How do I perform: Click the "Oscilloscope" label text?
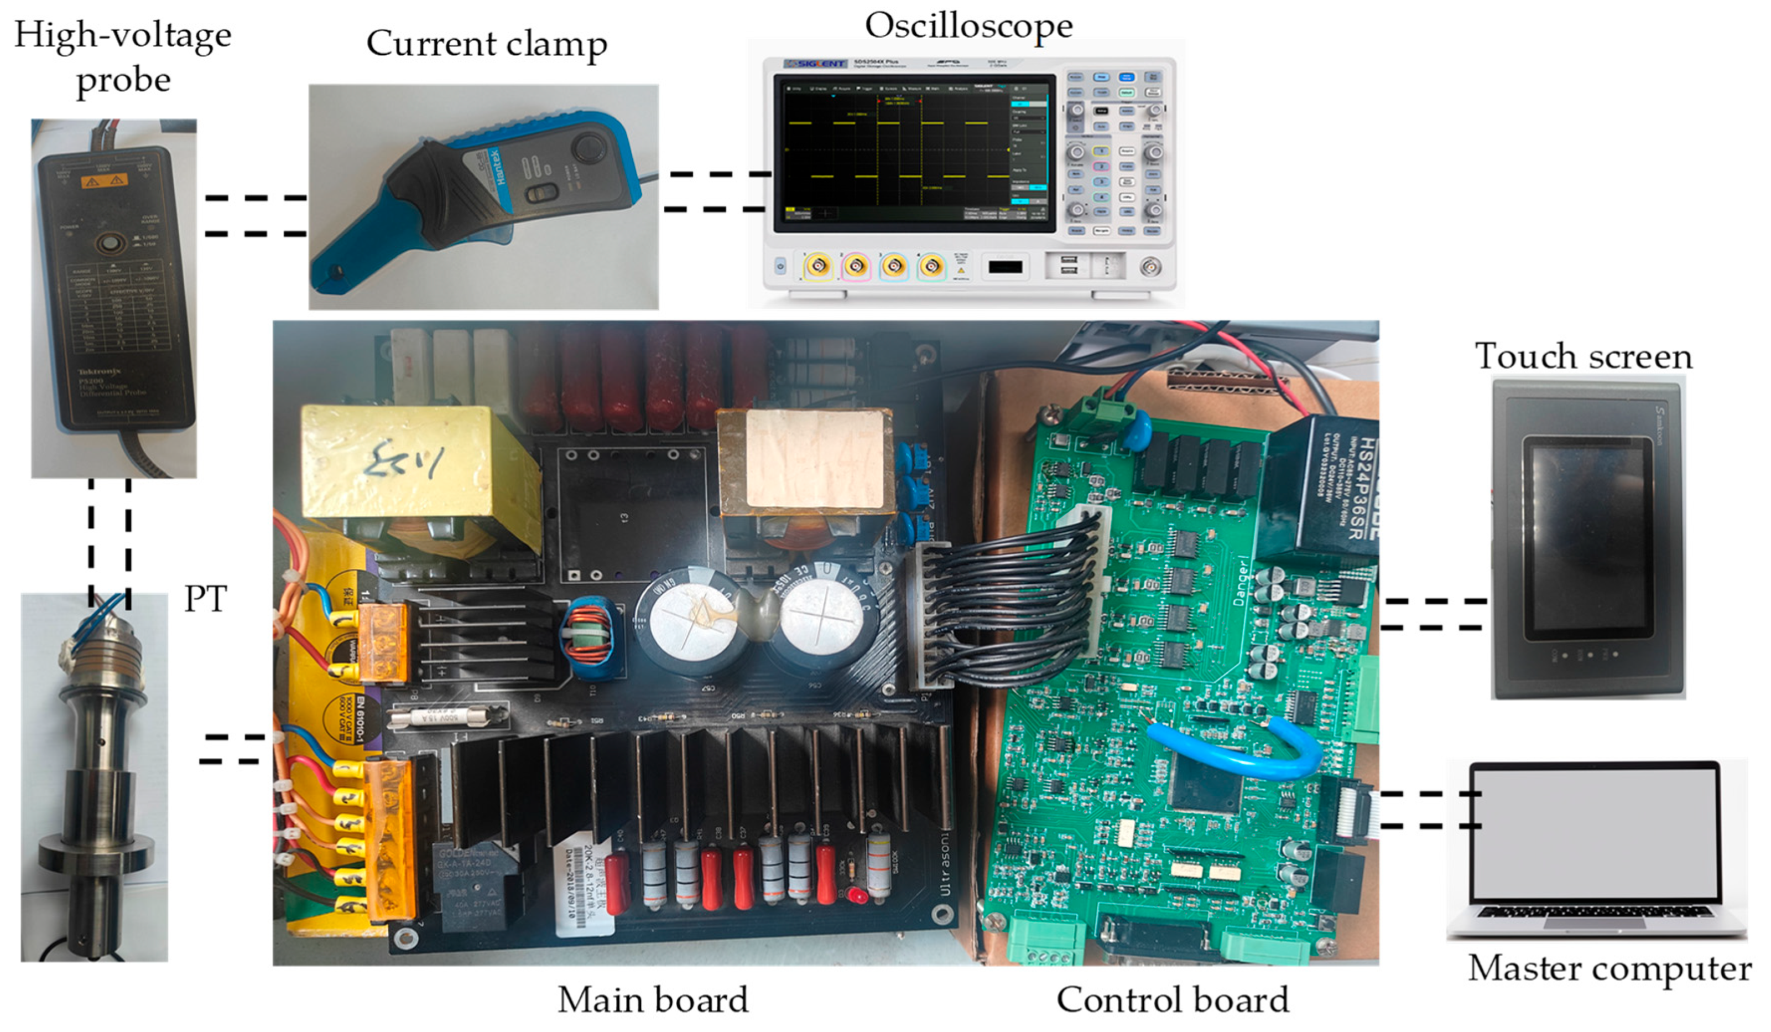[x=968, y=27]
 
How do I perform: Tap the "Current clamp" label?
[x=486, y=44]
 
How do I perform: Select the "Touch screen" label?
[x=1584, y=356]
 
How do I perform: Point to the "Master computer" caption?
[x=1609, y=969]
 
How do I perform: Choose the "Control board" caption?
[x=1172, y=1000]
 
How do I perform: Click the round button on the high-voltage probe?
[x=110, y=244]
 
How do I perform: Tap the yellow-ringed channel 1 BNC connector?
[x=818, y=266]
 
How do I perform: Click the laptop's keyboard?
[x=1595, y=912]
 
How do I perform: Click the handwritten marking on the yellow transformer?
[x=406, y=460]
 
